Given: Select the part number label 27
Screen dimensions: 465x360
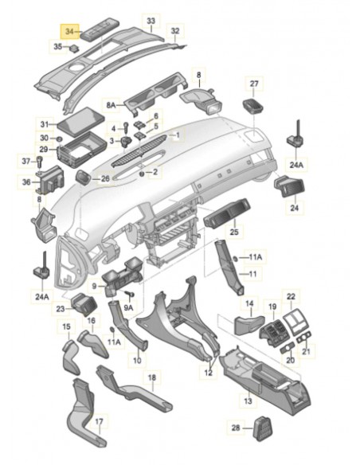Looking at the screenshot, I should pos(254,84).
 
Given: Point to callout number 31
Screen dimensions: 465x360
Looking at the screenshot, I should pos(45,123).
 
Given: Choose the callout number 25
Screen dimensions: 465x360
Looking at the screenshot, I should pos(234,232).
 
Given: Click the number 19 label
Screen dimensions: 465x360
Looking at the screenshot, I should pos(272,306).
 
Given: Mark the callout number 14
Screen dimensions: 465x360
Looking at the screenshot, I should pos(249,303).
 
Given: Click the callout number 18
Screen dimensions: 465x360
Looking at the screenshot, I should pos(151,377).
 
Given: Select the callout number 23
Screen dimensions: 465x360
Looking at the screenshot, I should pos(61,307).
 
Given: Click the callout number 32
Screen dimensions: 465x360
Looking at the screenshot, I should pos(175,31).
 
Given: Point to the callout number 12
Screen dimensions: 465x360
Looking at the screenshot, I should pos(208,373).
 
